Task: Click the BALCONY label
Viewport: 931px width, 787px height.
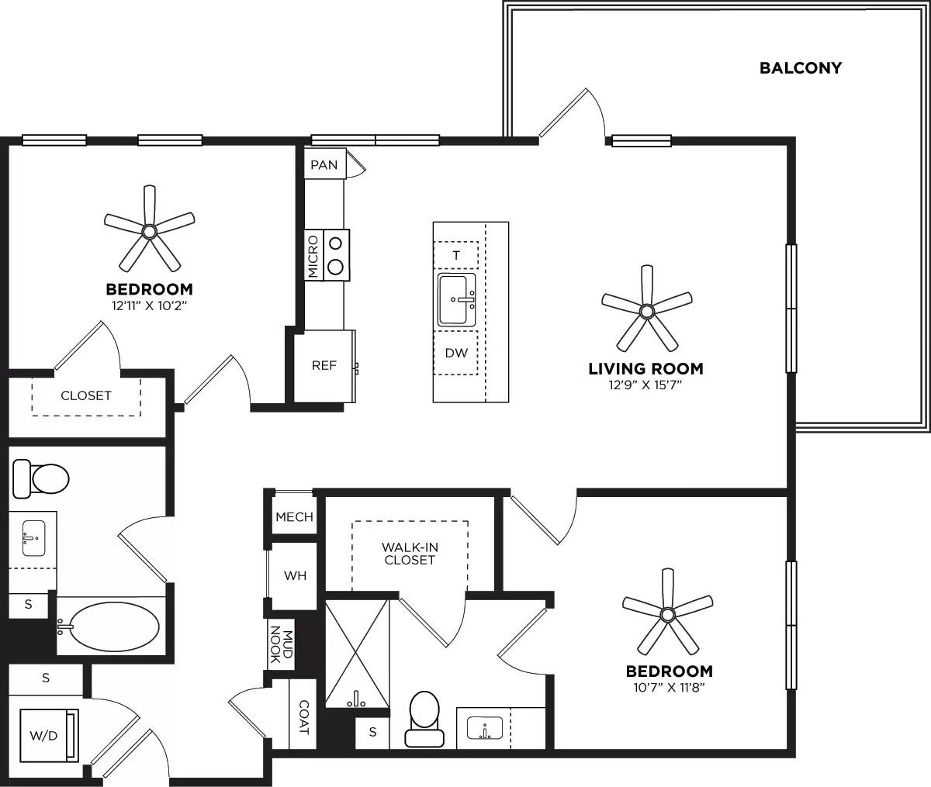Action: (800, 68)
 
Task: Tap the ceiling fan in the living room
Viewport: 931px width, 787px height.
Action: (646, 311)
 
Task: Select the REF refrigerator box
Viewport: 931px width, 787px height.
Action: (324, 365)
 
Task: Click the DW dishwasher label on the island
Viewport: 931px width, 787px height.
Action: (456, 353)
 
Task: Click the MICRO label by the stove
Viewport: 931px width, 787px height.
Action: (313, 257)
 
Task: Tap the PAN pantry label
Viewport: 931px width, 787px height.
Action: (324, 165)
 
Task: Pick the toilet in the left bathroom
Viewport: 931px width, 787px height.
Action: (43, 478)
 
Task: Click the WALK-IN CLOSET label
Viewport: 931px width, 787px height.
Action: (409, 553)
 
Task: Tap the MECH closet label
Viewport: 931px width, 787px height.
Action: (294, 517)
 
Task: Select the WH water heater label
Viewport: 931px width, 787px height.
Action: (295, 575)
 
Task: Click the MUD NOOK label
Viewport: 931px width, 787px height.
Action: (280, 644)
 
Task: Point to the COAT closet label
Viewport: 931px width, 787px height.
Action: (303, 717)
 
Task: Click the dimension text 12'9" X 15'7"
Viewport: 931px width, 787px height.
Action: (645, 383)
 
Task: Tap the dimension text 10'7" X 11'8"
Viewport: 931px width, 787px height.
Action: (668, 685)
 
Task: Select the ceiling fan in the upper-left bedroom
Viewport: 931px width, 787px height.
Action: (149, 230)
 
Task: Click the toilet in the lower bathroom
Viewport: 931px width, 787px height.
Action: (424, 719)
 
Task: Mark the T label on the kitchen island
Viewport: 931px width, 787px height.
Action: (456, 254)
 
